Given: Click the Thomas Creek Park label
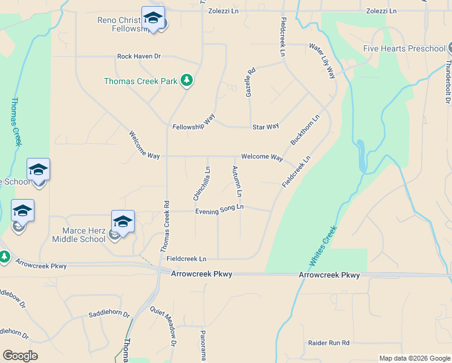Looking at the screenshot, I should [x=141, y=80].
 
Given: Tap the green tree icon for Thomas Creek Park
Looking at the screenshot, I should [x=187, y=80].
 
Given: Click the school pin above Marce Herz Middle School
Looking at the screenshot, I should [x=123, y=221].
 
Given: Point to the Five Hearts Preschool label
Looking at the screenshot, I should [x=404, y=48].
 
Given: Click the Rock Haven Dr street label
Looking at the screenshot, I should [x=139, y=56].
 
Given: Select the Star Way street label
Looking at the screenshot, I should [x=265, y=126].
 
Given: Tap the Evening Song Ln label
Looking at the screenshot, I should [x=219, y=209].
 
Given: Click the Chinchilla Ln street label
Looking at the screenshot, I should [x=201, y=183].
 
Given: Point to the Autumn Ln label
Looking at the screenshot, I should [x=237, y=181].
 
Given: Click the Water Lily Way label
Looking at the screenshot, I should [x=322, y=61].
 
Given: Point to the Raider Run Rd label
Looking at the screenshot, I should [x=329, y=343].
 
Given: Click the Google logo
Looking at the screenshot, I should [x=20, y=356].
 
